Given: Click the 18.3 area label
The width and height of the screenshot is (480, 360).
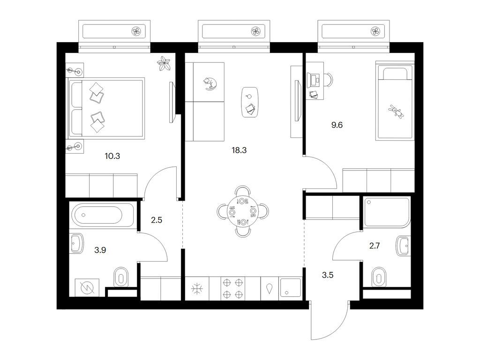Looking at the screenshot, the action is (x=239, y=150).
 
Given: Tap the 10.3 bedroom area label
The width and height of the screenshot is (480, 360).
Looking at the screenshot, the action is (x=112, y=156).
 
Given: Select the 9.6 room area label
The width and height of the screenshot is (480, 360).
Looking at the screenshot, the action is (x=337, y=125).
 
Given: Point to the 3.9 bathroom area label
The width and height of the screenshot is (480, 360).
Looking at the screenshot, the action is (x=100, y=250).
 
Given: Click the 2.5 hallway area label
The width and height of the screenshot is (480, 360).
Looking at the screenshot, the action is (x=157, y=220).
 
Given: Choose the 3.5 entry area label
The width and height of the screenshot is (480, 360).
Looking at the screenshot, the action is (x=328, y=275).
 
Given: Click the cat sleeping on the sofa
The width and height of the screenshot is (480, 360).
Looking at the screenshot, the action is (x=210, y=83).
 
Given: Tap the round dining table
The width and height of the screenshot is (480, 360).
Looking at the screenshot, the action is (x=243, y=211).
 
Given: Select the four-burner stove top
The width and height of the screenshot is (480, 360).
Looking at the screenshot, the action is (x=232, y=288).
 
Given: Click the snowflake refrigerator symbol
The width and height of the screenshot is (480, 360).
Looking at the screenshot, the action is (x=197, y=288).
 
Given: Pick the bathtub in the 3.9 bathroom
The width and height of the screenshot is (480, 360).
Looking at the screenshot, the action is (x=102, y=215).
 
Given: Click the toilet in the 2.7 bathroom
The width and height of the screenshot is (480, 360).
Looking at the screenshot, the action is (x=379, y=277).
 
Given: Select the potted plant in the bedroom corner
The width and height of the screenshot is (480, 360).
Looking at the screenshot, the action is (x=164, y=64).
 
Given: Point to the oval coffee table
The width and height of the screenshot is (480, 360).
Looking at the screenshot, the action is (x=250, y=102).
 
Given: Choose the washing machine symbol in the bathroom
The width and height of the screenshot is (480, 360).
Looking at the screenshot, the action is (x=87, y=287).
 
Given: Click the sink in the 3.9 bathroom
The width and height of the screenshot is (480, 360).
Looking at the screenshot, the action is (x=77, y=243).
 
